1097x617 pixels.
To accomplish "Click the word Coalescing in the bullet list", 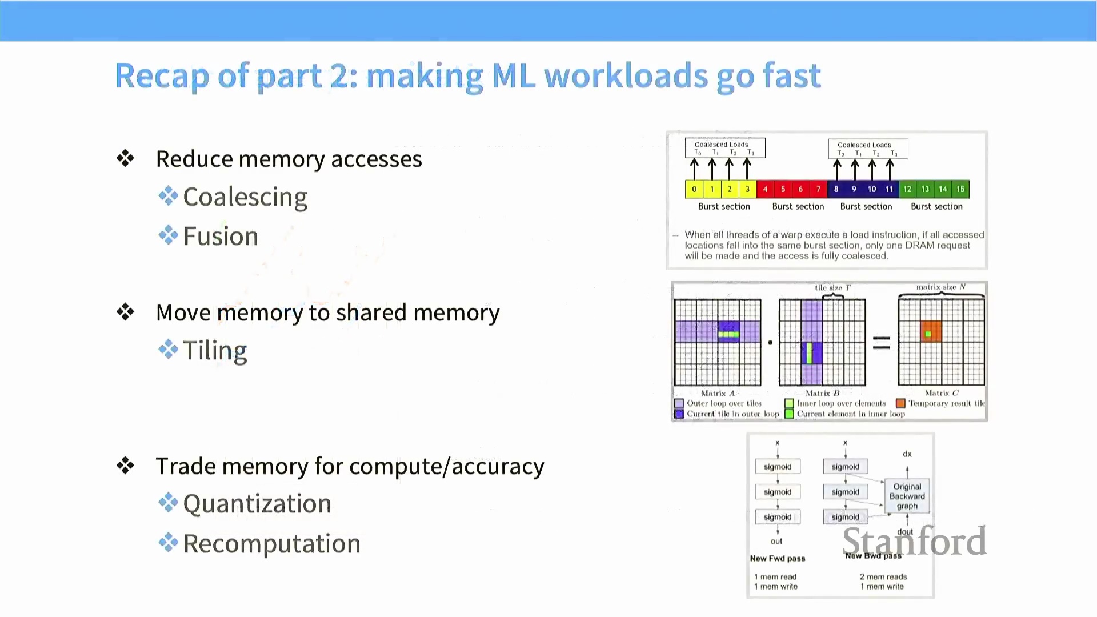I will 245,197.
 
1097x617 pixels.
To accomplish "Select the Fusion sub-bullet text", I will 221,237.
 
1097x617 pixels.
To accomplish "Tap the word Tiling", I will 215,350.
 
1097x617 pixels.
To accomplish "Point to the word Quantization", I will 257,504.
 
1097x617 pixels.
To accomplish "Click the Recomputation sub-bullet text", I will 272,543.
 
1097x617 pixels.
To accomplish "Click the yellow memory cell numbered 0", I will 694,189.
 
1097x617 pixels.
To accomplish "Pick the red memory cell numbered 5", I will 783,189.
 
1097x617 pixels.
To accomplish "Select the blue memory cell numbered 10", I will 872,189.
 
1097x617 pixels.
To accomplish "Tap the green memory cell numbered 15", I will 960,189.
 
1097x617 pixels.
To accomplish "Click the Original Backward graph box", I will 907,496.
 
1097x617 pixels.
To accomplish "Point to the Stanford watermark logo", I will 914,541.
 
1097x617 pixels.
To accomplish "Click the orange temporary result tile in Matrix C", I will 930,332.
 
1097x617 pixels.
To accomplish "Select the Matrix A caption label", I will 718,393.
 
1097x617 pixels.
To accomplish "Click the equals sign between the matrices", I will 882,343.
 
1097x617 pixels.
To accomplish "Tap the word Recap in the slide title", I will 162,76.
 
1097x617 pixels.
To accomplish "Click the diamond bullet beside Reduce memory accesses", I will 125,158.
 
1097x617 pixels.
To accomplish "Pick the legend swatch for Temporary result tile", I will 901,403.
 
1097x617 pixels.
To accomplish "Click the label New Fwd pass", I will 778,558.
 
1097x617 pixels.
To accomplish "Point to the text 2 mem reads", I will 883,576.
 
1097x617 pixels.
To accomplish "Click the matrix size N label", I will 941,287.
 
